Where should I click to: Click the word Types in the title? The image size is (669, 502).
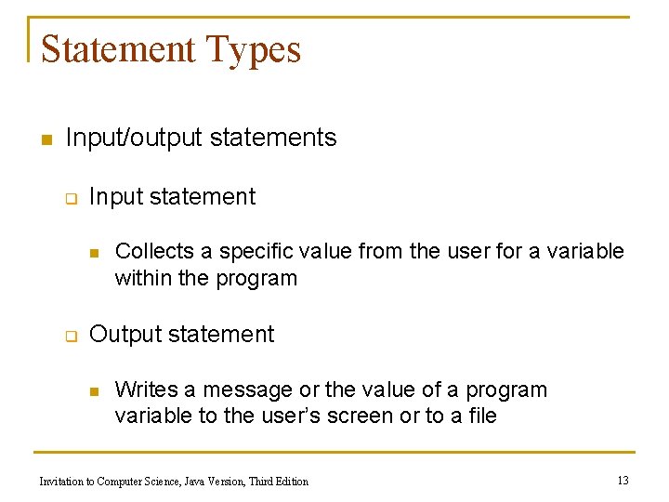click(x=256, y=50)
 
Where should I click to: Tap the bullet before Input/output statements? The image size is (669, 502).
click(x=43, y=140)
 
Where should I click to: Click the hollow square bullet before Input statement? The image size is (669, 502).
click(x=69, y=198)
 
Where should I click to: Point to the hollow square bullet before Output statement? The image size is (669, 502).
click(x=69, y=336)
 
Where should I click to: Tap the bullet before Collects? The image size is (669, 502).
click(x=93, y=253)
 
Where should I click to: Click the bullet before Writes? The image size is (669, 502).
click(x=93, y=391)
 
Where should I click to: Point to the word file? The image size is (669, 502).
click(x=481, y=416)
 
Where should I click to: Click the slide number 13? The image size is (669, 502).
click(x=623, y=480)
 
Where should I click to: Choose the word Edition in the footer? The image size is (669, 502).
click(x=291, y=481)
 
